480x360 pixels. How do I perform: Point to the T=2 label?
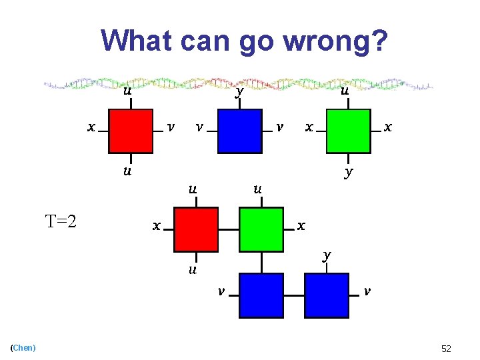pos(61,220)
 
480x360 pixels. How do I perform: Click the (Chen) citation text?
pos(23,347)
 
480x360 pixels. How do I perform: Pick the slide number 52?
pos(446,349)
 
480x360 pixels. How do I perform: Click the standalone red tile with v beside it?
pos(131,131)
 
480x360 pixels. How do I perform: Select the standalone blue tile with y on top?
pos(239,131)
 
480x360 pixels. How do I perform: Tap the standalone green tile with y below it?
pos(347,131)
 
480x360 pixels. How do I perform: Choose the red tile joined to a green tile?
pos(196,229)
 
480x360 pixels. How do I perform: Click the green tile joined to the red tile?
pos(261,229)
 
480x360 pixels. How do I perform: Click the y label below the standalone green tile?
pos(348,172)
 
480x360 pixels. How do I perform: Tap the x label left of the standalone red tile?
pos(91,127)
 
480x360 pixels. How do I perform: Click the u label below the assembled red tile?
pos(192,269)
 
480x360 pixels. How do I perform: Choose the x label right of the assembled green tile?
pos(301,225)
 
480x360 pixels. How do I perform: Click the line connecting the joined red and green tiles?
pos(229,230)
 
